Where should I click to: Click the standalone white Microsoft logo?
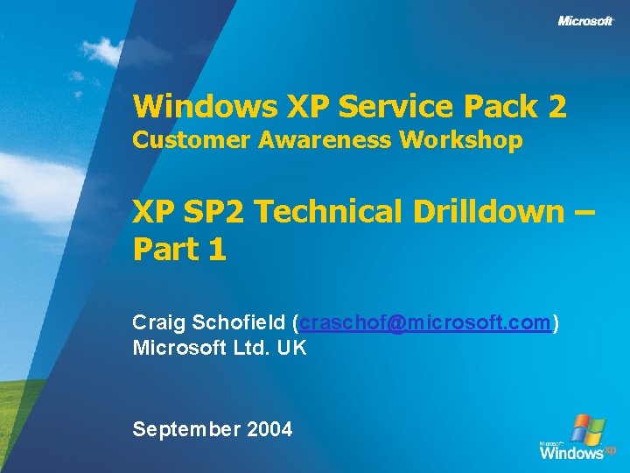click(585, 21)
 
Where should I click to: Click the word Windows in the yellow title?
click(205, 107)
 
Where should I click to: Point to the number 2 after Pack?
click(557, 107)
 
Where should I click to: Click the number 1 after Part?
click(218, 250)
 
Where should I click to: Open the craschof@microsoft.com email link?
click(425, 323)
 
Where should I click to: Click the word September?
click(186, 429)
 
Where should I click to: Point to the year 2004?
click(269, 429)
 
